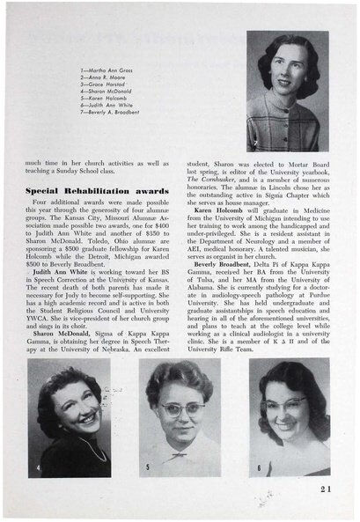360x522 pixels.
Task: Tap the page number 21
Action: (326, 491)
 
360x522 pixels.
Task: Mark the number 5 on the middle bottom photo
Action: (148, 467)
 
